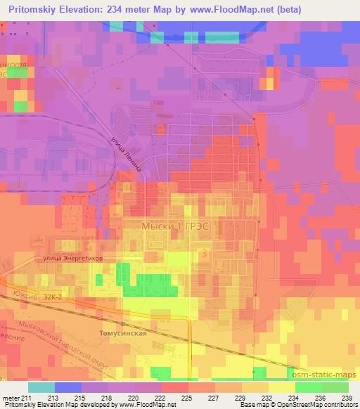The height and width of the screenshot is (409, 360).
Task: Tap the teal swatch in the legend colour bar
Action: coord(41,387)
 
